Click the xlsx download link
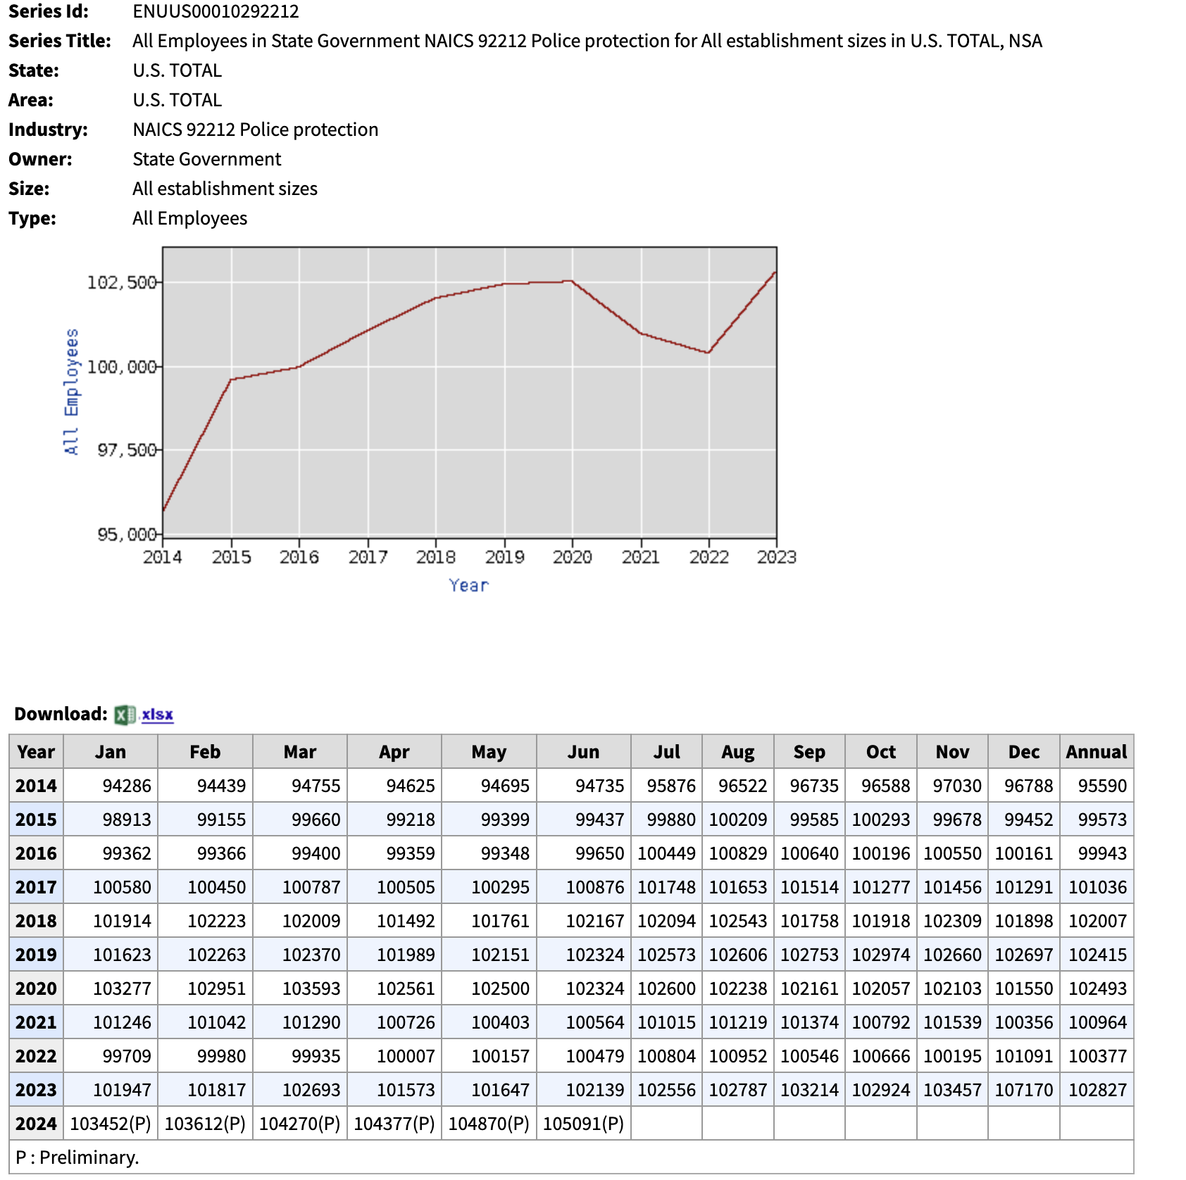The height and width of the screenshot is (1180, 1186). pos(157,715)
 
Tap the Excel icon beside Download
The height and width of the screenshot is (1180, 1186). pos(125,715)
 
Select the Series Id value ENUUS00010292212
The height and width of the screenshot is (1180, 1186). pos(216,11)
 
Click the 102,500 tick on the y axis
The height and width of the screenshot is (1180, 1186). pos(121,282)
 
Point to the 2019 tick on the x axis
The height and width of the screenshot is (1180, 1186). pos(504,557)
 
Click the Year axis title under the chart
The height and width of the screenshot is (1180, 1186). pos(468,585)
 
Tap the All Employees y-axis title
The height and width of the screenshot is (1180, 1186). pos(71,391)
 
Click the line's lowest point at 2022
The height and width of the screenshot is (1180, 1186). pos(709,352)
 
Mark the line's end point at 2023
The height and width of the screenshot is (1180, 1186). pos(775,272)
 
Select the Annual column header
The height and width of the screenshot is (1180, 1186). pos(1096,752)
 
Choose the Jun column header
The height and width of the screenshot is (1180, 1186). pos(583,752)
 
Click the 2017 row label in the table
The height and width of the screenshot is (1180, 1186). pos(36,887)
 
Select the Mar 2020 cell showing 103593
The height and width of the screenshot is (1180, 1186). pos(311,988)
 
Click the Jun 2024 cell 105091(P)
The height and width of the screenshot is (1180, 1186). pos(583,1124)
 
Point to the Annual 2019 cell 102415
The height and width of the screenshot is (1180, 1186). pos(1097,955)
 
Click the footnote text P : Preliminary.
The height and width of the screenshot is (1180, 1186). pos(77,1157)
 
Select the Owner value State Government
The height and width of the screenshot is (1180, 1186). pos(206,159)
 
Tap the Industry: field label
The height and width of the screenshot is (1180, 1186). pos(48,130)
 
